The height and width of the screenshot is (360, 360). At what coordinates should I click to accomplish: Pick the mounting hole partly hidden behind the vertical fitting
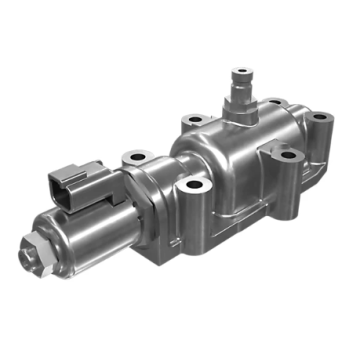click(271, 103)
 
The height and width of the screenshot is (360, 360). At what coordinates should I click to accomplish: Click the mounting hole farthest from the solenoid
click(318, 118)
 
